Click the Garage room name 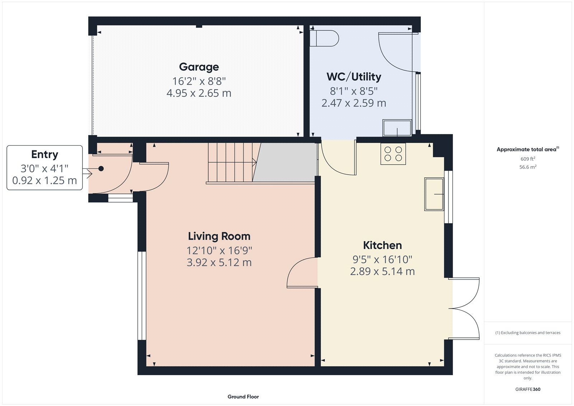(x=199, y=67)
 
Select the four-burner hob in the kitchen (x=393, y=154)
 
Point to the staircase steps (x=231, y=162)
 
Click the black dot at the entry (x=101, y=168)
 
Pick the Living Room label (x=219, y=236)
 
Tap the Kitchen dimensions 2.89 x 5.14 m (x=382, y=271)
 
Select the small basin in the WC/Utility (x=397, y=128)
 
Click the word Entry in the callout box (x=44, y=154)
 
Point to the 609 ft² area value (x=528, y=159)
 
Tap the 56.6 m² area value (x=528, y=167)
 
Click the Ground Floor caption (x=243, y=397)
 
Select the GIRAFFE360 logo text (x=528, y=389)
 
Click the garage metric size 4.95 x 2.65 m (x=199, y=93)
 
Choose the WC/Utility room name (x=354, y=77)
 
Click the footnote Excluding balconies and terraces (x=528, y=333)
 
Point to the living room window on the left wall (x=142, y=295)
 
